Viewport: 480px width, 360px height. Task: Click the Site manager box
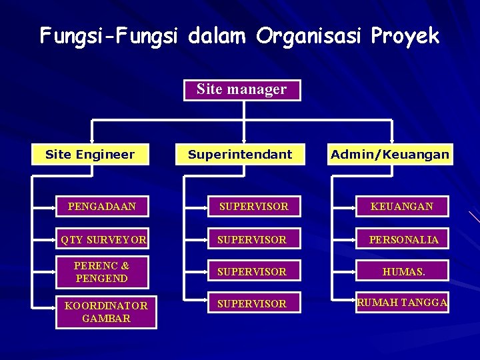pos(242,89)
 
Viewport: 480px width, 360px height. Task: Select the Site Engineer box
pos(90,155)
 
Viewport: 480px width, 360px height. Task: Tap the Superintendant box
pos(240,155)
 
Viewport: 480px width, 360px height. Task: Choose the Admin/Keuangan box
pos(390,155)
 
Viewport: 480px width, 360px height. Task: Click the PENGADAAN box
pos(101,207)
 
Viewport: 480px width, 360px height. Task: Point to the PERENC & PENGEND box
pos(101,271)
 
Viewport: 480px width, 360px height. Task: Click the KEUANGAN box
pos(403,207)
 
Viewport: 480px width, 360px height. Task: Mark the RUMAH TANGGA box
pos(402,303)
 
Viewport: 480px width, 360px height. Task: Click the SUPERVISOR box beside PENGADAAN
pos(253,207)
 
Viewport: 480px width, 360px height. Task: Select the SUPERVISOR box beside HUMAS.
pos(253,271)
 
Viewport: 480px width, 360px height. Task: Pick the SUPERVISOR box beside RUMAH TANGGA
pos(253,303)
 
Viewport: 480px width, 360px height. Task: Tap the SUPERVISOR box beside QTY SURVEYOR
pos(253,239)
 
